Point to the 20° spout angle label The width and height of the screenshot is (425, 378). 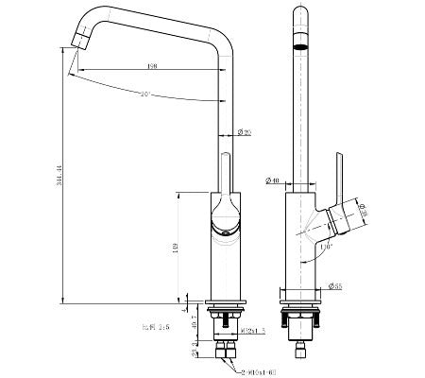(x=144, y=94)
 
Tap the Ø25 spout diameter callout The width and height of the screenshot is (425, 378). (x=244, y=131)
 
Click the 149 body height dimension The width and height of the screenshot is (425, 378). (x=176, y=249)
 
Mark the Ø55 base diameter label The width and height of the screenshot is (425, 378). (x=336, y=285)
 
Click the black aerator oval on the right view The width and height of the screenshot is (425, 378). (x=300, y=43)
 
